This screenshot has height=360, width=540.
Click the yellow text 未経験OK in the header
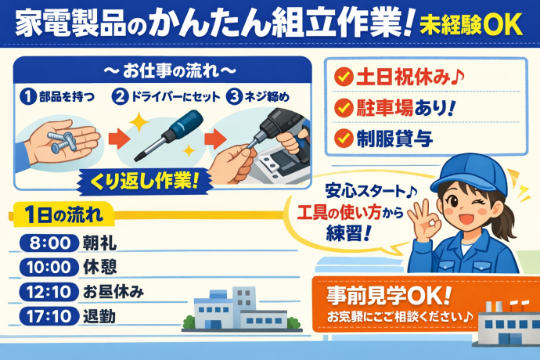(x=471, y=24)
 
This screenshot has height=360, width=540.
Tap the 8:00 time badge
(x=49, y=243)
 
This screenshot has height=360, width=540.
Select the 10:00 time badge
(x=49, y=268)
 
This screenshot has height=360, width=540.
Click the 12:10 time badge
(x=49, y=292)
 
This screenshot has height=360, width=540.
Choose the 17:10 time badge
(x=49, y=316)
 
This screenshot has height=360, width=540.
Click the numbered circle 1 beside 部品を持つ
(x=28, y=97)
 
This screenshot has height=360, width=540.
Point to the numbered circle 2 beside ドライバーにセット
(x=120, y=97)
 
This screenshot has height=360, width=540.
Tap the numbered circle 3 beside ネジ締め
(x=234, y=97)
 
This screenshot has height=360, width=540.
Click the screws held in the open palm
(x=63, y=142)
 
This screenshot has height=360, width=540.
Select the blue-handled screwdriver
(x=168, y=135)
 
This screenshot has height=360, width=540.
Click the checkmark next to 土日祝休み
(x=344, y=77)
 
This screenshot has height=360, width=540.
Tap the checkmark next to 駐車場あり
(x=344, y=107)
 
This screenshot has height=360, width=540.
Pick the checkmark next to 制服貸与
(x=344, y=139)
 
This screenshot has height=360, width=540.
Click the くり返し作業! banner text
(x=145, y=182)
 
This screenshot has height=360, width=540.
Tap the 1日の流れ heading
(x=63, y=215)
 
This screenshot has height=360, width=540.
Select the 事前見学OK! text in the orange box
(x=389, y=296)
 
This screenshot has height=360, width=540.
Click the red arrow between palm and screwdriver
(x=119, y=139)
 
